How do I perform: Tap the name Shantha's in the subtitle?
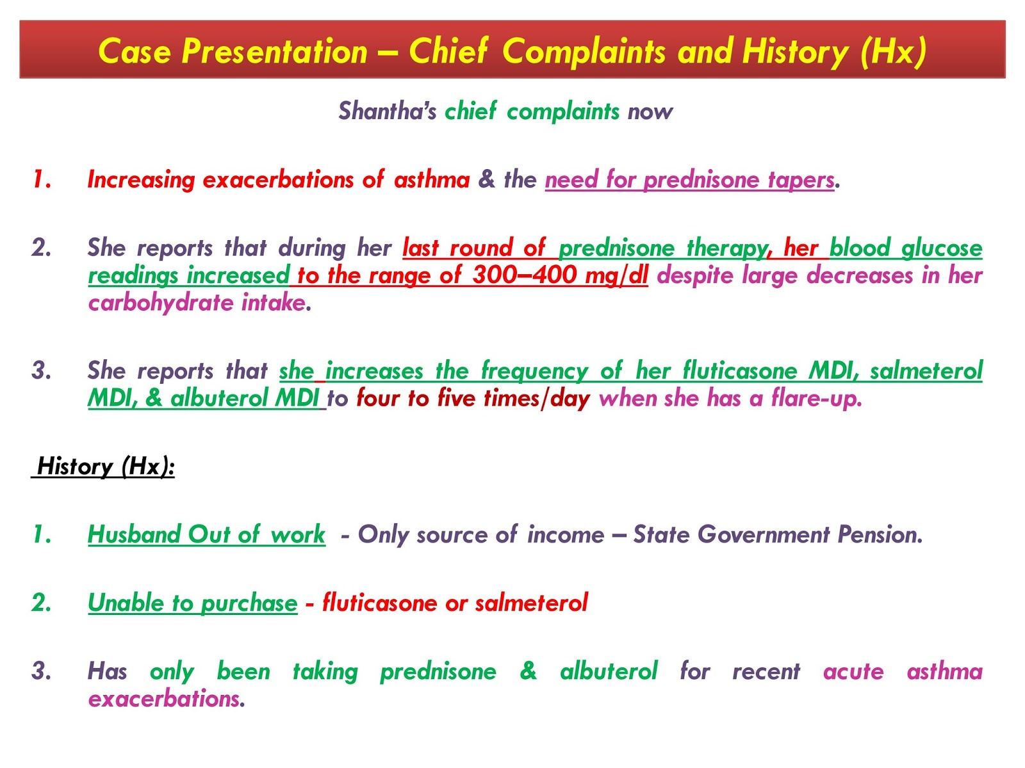387,111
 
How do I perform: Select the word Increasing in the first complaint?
141,180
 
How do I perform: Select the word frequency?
534,371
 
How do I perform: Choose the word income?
565,534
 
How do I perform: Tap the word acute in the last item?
853,671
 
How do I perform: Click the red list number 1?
42,180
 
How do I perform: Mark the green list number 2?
42,603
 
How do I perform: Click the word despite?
695,275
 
